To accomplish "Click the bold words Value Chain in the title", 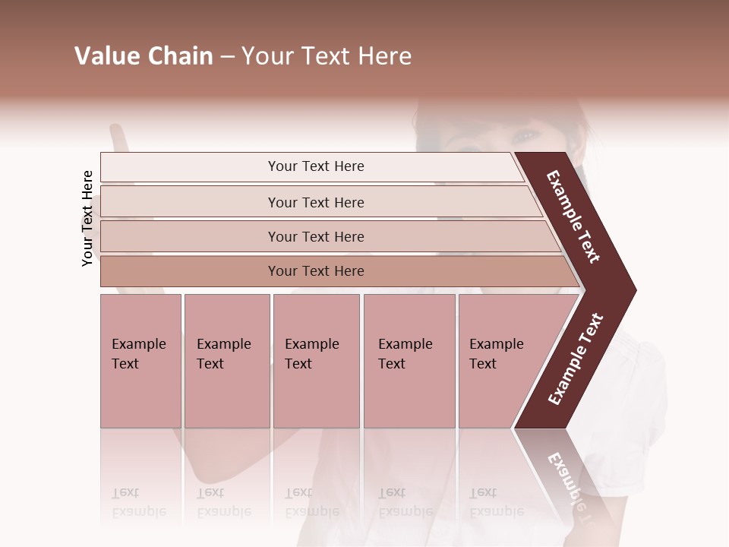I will click(x=144, y=56).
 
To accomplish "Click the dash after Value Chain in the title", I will click(x=227, y=57).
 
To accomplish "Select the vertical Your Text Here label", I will click(x=87, y=218).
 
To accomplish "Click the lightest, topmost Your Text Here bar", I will click(x=315, y=166).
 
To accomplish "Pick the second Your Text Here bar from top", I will click(x=315, y=202).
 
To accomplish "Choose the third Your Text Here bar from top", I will click(x=315, y=236).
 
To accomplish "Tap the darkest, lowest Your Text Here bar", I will click(x=315, y=271).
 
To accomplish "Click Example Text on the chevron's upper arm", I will click(x=573, y=217).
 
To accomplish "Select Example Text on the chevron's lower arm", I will click(x=576, y=359).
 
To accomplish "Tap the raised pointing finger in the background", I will click(x=117, y=139).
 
